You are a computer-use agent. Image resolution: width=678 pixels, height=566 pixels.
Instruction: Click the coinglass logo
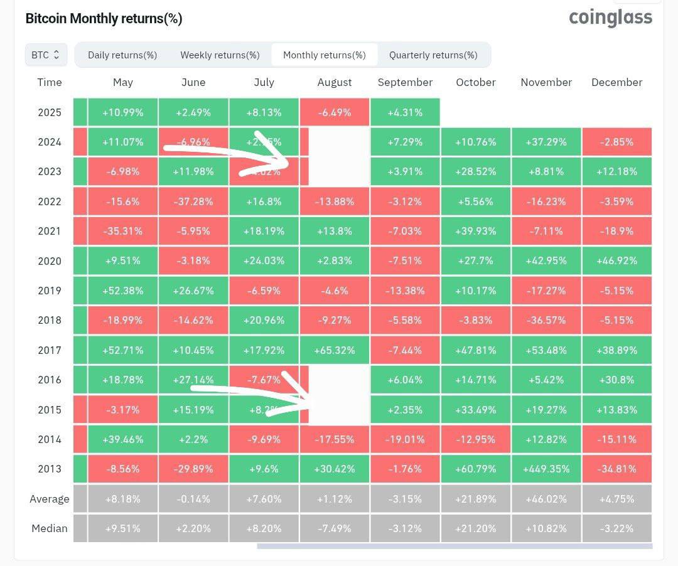coord(610,18)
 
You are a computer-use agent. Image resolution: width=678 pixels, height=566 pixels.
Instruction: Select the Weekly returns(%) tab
coord(220,55)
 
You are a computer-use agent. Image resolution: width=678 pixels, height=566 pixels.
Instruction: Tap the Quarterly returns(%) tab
coord(433,55)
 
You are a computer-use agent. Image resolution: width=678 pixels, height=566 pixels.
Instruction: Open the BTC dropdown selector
coord(45,55)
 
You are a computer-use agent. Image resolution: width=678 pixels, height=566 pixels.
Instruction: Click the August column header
coord(335,83)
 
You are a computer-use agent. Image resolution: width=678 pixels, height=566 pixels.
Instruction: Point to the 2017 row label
coord(50,350)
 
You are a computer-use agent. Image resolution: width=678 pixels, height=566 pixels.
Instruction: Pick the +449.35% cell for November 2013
coord(546,469)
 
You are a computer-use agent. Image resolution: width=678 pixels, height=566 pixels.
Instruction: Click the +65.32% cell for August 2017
coord(335,350)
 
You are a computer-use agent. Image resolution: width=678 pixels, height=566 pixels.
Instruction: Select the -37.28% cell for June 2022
coord(193,201)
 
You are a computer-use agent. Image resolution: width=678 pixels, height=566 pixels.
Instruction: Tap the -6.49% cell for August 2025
coord(335,113)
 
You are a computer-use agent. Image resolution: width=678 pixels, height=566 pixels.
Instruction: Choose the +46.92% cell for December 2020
coord(616,261)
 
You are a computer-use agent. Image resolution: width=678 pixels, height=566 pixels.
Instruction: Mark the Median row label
coord(50,528)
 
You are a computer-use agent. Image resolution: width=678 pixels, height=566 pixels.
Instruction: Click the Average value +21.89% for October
coord(475,499)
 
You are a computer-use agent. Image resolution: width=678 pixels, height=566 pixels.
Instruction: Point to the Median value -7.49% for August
coord(335,528)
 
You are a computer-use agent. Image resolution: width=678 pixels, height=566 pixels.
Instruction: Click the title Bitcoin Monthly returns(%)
coord(104,19)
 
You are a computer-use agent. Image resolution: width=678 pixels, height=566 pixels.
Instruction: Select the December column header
coord(616,83)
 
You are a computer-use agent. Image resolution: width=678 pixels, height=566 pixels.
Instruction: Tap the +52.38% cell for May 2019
coord(123,291)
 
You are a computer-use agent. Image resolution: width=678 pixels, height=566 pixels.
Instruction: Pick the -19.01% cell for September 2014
coord(405,439)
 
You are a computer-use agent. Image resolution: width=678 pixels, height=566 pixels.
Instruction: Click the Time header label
coord(50,83)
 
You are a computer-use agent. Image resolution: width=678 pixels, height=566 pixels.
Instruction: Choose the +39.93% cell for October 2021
coord(475,231)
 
